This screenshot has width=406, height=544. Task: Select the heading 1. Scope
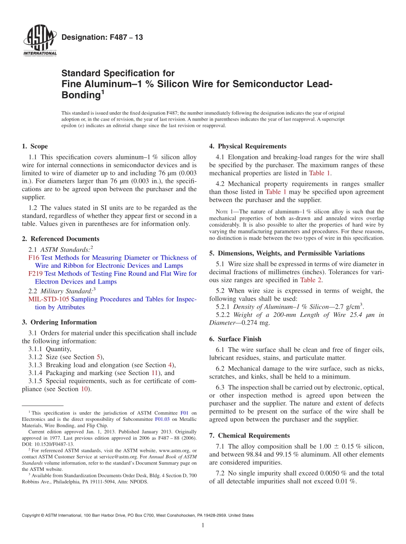click(35, 146)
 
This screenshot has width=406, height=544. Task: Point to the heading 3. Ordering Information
click(59, 322)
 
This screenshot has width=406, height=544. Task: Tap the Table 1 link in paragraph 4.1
click(320, 173)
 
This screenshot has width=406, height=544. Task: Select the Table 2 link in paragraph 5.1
click(311, 280)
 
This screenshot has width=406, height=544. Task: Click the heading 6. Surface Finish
click(235, 339)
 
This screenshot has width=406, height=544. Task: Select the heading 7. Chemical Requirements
click(250, 435)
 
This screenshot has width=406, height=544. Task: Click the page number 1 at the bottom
click(203, 526)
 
